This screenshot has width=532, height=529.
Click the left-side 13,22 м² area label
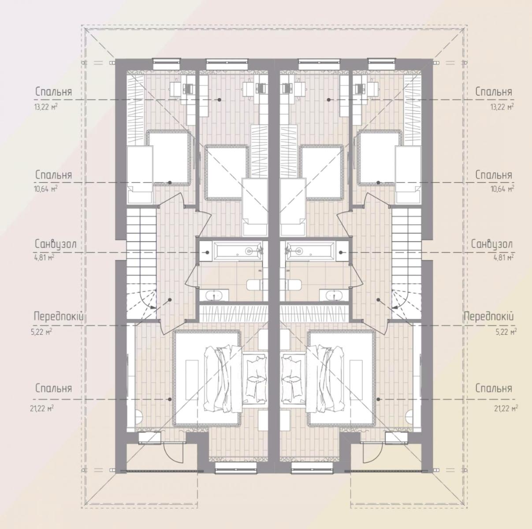46,107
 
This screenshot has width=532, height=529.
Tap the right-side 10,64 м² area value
502,189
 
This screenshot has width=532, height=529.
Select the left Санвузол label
56,245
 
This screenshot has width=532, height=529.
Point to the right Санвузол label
492,245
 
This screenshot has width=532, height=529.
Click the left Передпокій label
59,316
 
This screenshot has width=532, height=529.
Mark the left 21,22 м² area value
42,408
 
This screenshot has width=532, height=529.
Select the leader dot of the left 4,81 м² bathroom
207,253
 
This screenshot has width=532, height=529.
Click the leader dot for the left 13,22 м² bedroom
219,100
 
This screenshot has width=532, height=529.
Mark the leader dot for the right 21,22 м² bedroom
378,399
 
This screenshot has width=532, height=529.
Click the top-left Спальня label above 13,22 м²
54,92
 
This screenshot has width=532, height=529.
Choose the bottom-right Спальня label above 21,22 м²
494,388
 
